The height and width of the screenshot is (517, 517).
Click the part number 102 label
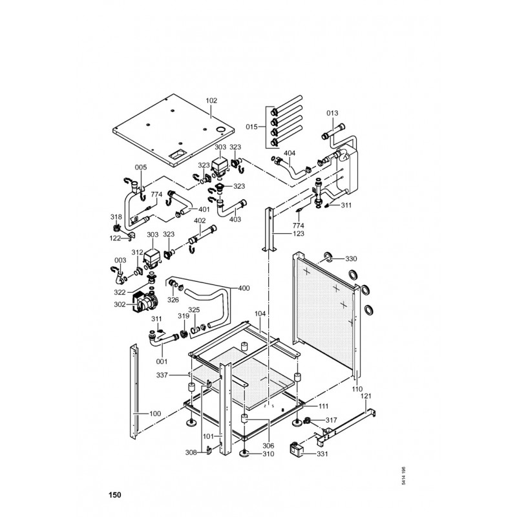click(x=211, y=101)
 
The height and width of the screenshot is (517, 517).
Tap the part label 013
click(x=332, y=113)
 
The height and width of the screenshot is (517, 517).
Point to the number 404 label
click(x=290, y=153)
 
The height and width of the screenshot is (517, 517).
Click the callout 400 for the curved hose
click(x=244, y=288)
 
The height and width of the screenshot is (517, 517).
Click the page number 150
click(x=114, y=496)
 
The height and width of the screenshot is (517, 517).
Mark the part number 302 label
click(x=120, y=305)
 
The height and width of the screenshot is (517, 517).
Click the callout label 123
click(x=298, y=233)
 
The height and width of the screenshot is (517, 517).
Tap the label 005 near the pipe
click(x=141, y=167)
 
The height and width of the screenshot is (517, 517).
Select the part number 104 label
click(x=260, y=313)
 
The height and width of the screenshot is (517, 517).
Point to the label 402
click(x=200, y=221)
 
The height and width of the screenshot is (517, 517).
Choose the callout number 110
click(x=357, y=389)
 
